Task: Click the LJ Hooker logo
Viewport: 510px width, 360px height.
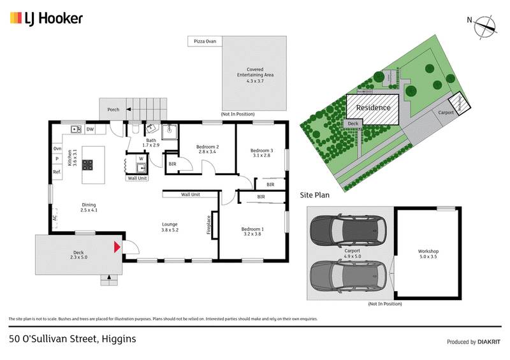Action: click(46, 18)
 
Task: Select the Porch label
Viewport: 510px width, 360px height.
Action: click(113, 110)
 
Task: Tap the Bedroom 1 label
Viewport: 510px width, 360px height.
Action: click(252, 231)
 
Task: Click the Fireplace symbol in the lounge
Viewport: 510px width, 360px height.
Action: click(214, 227)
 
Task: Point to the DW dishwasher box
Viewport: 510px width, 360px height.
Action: click(90, 129)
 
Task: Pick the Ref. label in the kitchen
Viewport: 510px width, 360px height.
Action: click(57, 172)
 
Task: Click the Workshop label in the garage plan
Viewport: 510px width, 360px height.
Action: click(428, 254)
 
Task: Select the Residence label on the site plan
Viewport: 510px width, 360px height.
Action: click(373, 108)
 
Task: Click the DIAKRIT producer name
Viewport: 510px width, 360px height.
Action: click(488, 342)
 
